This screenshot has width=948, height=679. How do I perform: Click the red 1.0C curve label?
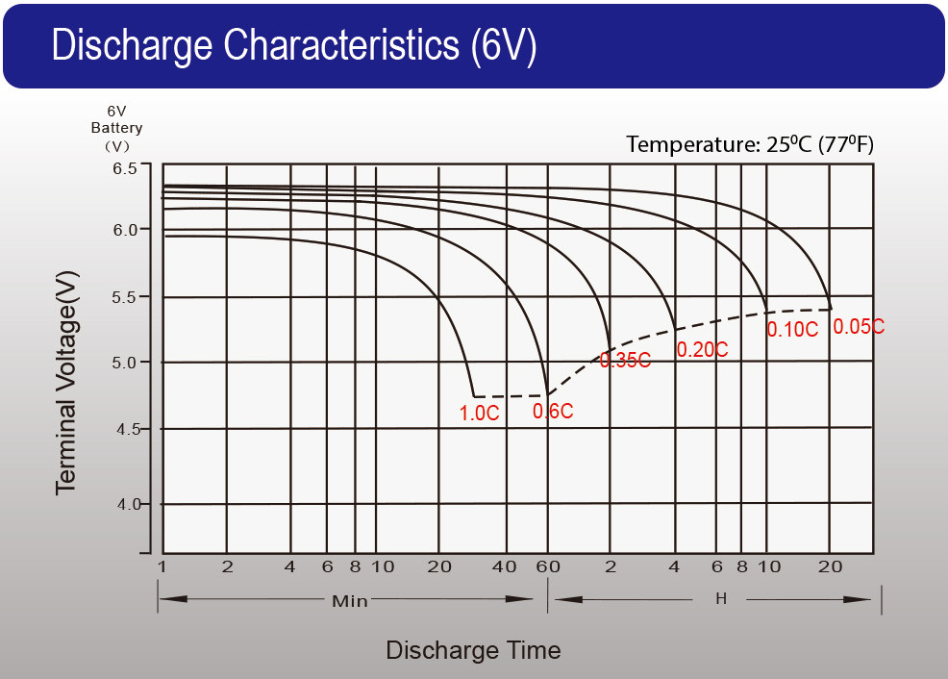pos(479,414)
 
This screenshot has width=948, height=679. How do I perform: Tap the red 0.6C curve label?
pos(553,411)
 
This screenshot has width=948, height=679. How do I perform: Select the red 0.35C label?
pos(625,361)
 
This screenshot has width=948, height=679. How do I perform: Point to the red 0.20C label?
pos(702,350)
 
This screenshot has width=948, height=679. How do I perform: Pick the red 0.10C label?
pos(792,329)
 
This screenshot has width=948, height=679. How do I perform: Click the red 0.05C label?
pos(859,327)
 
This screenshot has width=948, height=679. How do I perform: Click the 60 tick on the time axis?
pos(547,566)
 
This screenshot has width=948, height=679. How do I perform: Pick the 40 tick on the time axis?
pos(504,566)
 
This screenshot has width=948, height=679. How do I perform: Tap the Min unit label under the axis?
pos(350,601)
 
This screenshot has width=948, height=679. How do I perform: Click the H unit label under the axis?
pos(721,599)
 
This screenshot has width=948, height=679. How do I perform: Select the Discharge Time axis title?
pos(473,650)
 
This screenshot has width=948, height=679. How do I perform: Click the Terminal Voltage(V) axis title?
pos(66,383)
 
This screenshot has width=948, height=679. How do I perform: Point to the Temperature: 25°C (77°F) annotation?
pos(750,144)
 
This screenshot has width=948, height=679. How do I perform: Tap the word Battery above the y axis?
pos(117,128)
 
